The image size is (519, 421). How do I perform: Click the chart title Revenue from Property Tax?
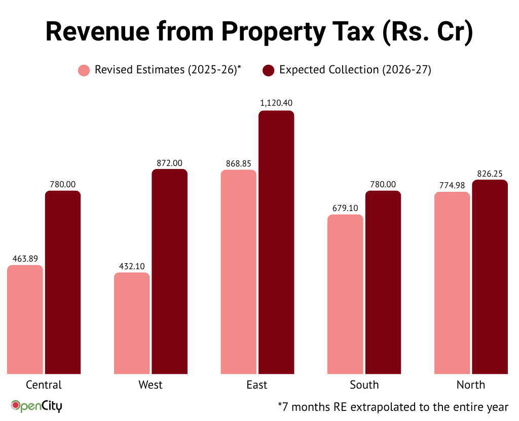click(x=259, y=31)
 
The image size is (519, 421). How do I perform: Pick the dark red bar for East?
click(x=276, y=243)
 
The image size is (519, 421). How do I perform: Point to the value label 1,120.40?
click(x=276, y=103)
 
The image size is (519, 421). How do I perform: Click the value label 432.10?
click(x=132, y=265)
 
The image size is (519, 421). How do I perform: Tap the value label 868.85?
click(x=238, y=163)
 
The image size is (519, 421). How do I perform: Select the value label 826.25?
click(x=490, y=174)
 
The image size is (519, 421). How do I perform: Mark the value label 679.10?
click(x=345, y=207)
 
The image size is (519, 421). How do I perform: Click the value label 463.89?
click(x=25, y=258)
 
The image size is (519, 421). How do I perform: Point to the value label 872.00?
click(x=169, y=163)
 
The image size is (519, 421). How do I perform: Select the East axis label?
click(x=257, y=385)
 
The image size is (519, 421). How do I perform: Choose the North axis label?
click(x=471, y=385)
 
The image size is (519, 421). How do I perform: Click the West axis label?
click(x=151, y=385)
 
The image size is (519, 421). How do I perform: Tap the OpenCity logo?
click(x=36, y=406)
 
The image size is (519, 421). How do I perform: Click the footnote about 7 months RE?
click(x=392, y=406)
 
